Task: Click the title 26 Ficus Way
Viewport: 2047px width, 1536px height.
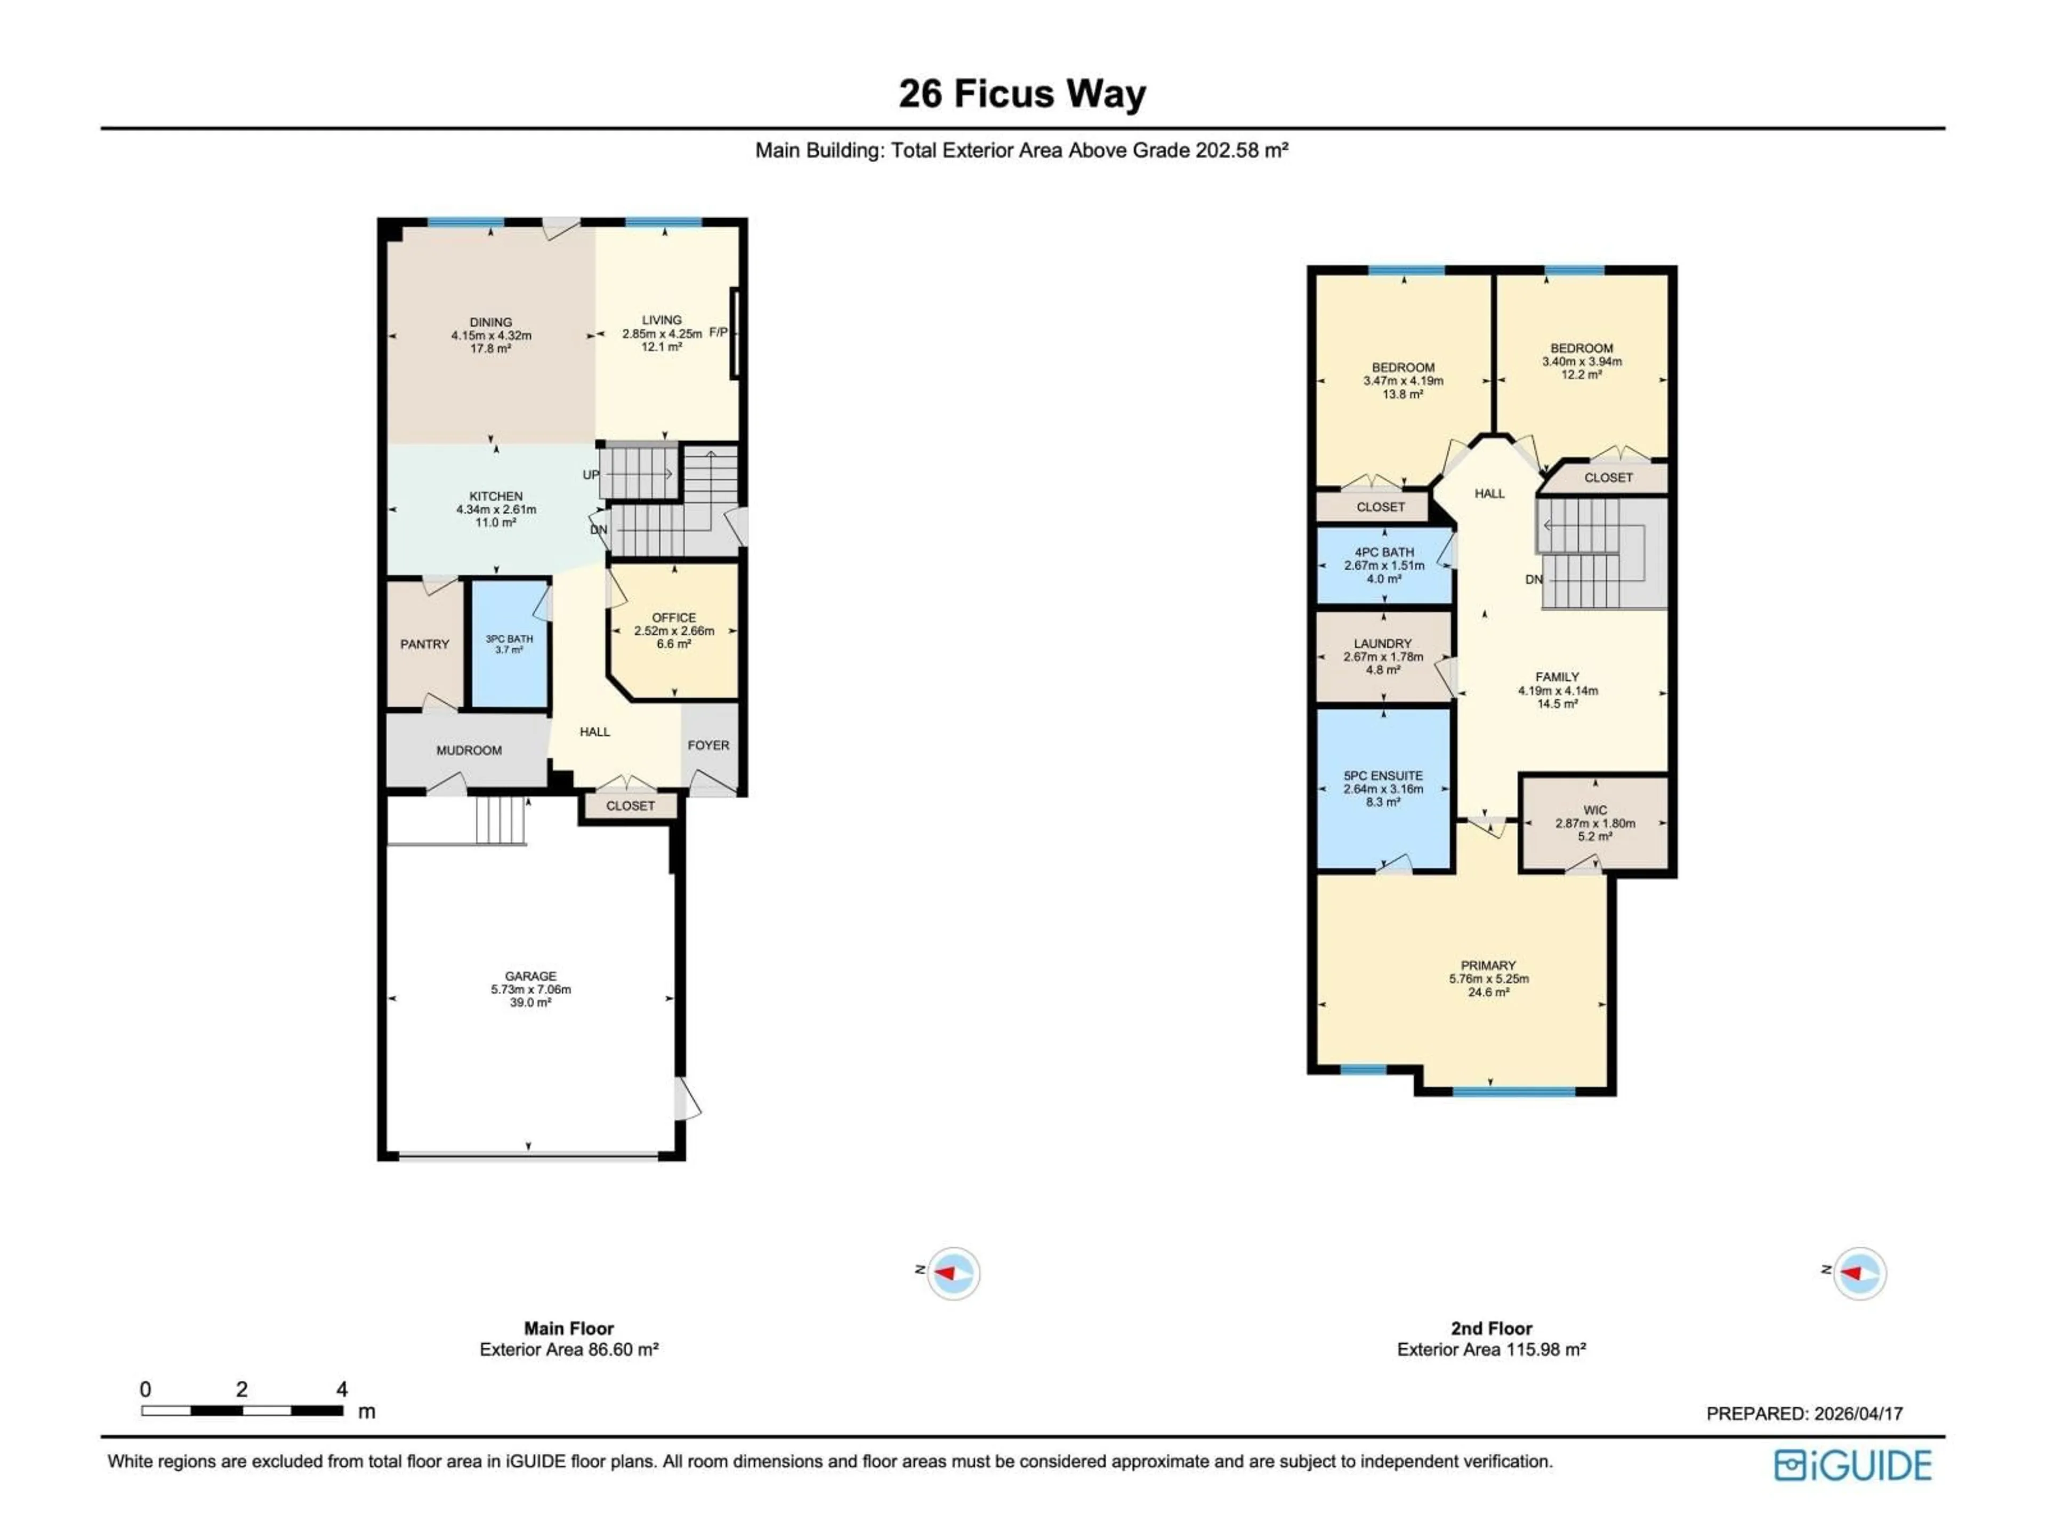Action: pos(1022,93)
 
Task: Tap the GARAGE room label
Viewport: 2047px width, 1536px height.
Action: pos(530,976)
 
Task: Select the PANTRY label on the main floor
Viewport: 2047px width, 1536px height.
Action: pos(425,644)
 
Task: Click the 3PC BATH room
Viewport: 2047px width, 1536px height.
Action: pos(509,644)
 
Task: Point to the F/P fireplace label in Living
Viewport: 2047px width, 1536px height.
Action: pos(718,332)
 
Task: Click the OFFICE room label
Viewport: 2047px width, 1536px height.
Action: pos(674,618)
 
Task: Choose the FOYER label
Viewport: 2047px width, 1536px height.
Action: pos(708,745)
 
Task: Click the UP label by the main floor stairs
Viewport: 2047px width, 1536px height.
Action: pos(591,475)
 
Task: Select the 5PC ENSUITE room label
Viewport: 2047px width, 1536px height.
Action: pos(1383,776)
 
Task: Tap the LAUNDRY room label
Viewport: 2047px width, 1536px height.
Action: pos(1383,644)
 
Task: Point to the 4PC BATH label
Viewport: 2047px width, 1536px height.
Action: pos(1384,552)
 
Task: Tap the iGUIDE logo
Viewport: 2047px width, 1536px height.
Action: pos(1852,1466)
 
